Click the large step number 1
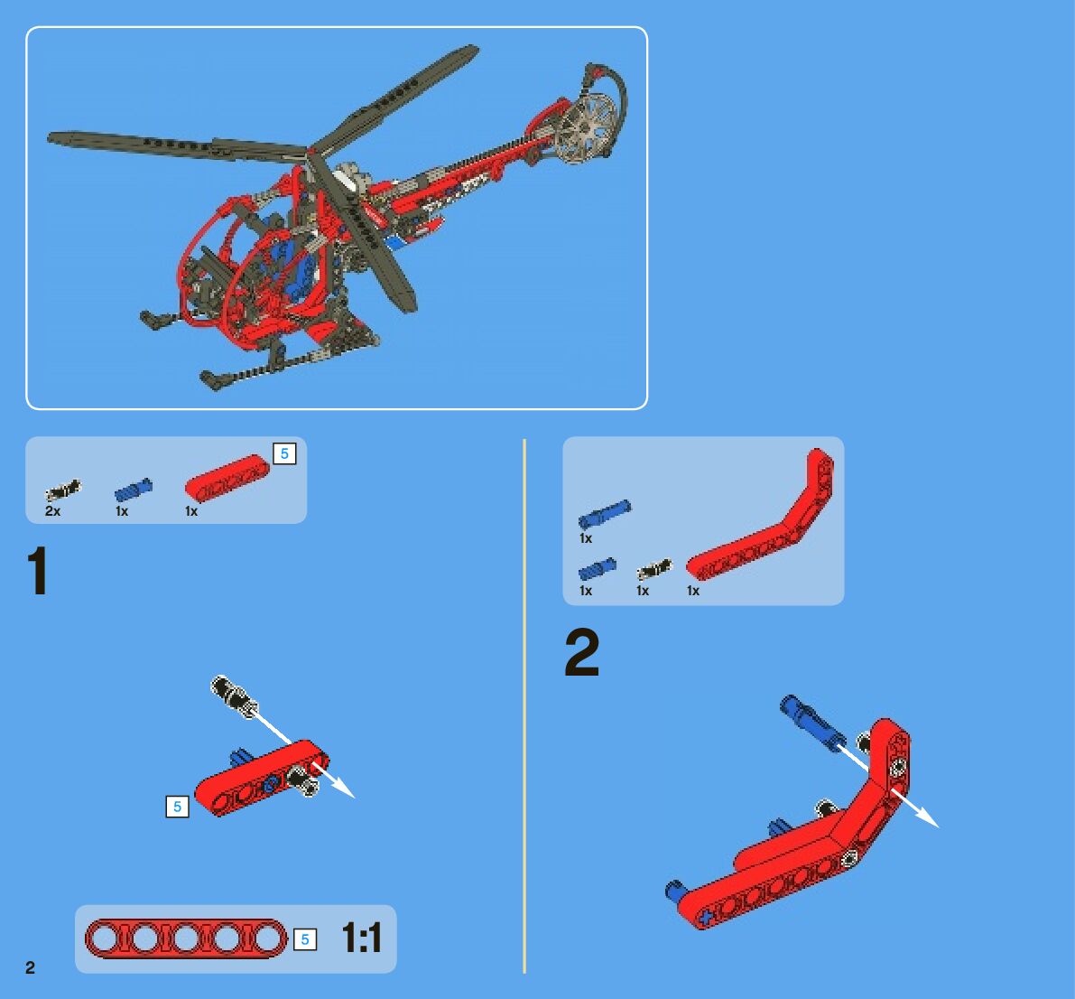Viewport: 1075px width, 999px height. [38, 571]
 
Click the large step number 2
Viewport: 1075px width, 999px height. [582, 653]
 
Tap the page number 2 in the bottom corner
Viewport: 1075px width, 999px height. [30, 967]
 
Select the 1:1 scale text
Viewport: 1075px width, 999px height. [361, 938]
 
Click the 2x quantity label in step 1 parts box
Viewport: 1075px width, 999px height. [52, 511]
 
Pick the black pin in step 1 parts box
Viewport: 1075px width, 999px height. [63, 490]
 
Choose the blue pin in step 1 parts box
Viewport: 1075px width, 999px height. [134, 490]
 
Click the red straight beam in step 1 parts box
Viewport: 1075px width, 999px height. [227, 478]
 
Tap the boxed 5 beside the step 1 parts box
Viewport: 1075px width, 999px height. [284, 453]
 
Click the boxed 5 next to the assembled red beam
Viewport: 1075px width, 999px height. [178, 807]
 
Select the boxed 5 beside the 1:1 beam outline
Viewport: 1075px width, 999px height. [305, 939]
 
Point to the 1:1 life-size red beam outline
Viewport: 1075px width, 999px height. [186, 938]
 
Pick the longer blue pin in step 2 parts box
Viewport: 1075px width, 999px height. [605, 513]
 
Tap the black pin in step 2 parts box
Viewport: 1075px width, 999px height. [654, 569]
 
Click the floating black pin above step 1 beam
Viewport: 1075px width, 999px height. [234, 696]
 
